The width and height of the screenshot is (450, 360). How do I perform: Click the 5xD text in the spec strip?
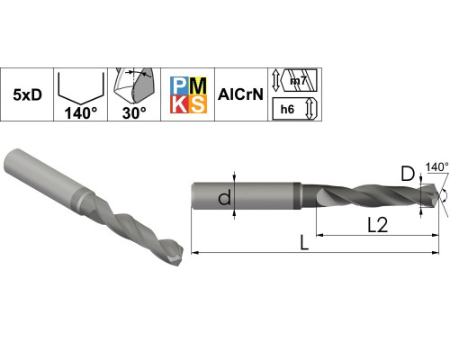(x=27, y=95)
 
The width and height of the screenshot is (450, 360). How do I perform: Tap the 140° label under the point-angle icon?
(x=81, y=113)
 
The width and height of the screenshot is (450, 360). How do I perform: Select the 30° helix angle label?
(x=134, y=113)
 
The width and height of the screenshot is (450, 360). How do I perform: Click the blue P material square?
(x=179, y=85)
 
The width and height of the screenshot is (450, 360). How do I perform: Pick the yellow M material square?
(x=198, y=85)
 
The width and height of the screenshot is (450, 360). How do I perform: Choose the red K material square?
(x=179, y=104)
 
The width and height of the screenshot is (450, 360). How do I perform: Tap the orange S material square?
(x=198, y=104)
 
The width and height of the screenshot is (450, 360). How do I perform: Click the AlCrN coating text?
(x=240, y=94)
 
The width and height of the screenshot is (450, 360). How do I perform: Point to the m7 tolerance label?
(x=298, y=81)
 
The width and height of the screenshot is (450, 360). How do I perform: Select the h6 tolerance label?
(x=287, y=110)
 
